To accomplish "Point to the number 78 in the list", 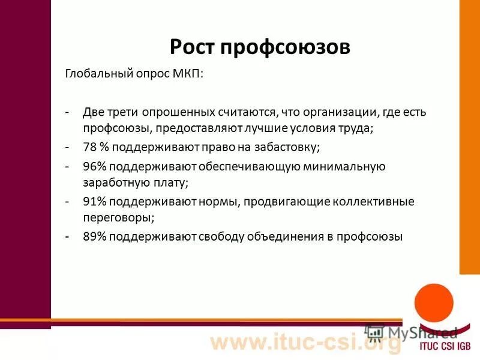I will click(90, 146).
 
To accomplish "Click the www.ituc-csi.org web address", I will click(305, 344).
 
